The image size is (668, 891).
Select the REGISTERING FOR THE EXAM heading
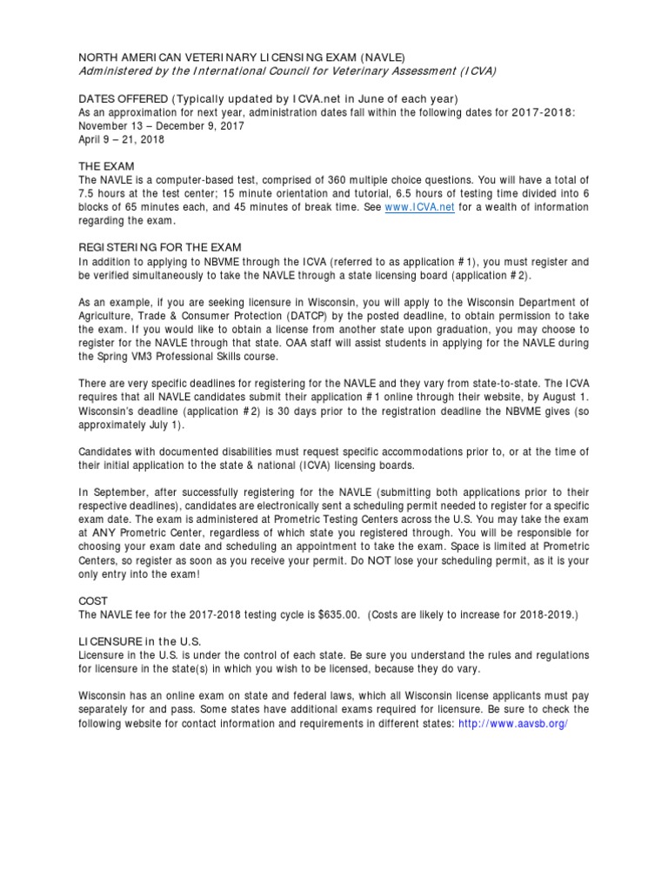point(160,247)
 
